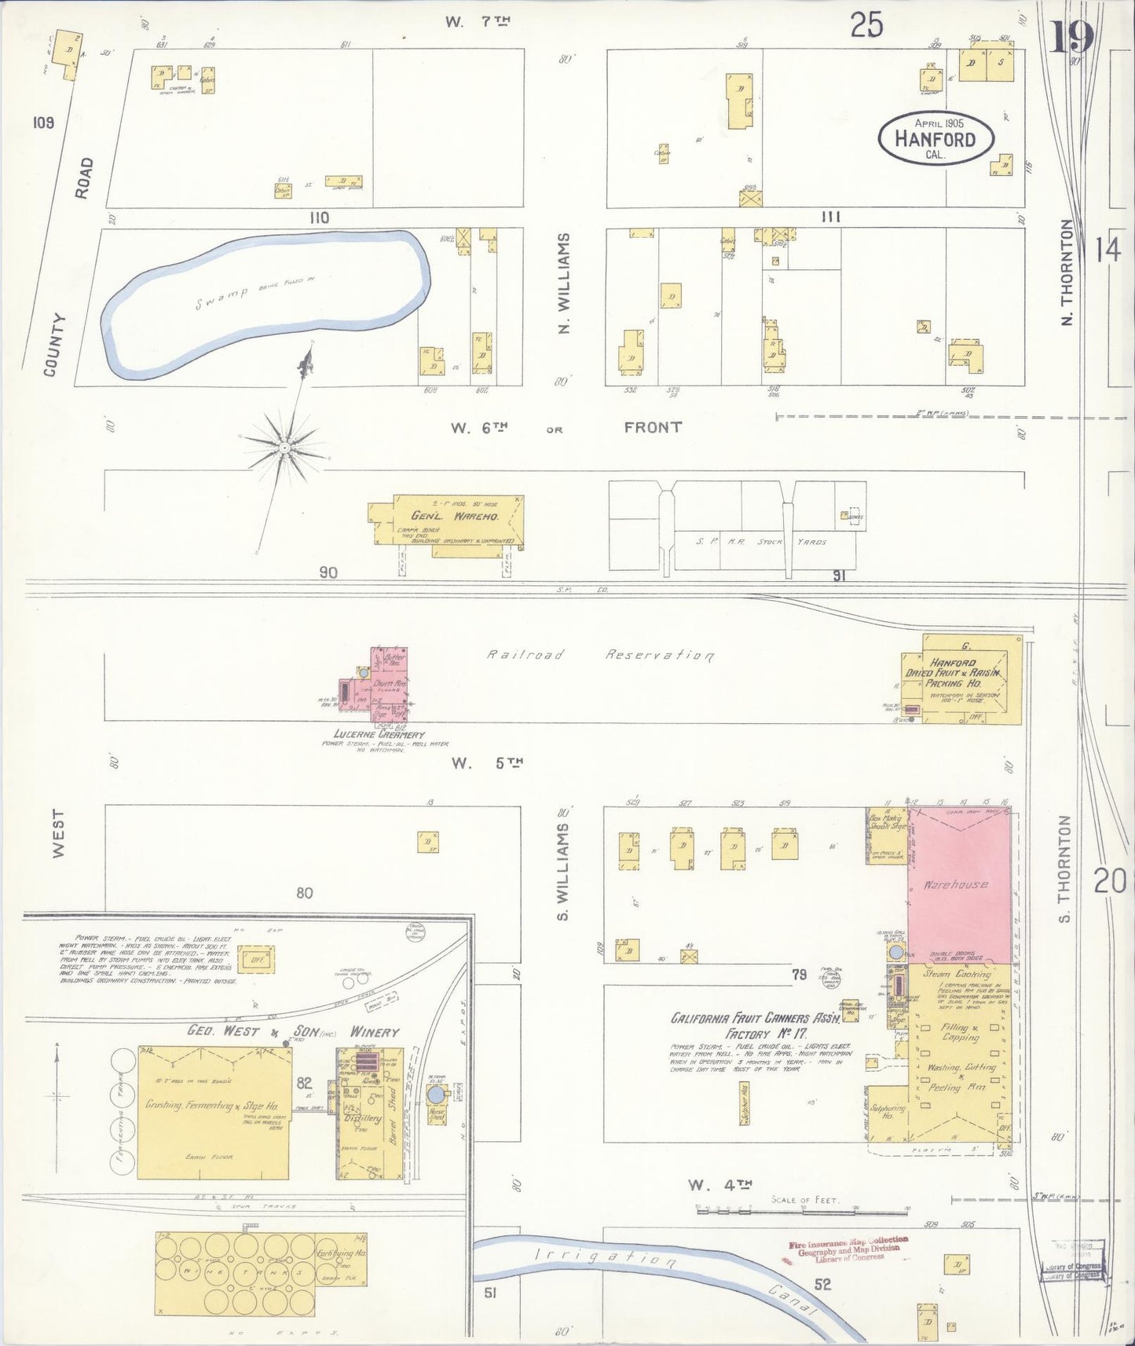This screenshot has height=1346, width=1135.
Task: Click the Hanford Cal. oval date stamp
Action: click(935, 138)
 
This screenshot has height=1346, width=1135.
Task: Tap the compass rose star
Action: click(284, 448)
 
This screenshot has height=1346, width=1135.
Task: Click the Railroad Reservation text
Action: click(600, 655)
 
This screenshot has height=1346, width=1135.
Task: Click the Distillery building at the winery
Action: click(363, 1115)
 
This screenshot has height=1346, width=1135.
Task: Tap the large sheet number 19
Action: click(1071, 36)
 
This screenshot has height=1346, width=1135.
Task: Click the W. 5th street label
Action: click(487, 763)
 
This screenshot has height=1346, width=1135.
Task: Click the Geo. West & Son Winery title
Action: click(292, 1032)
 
